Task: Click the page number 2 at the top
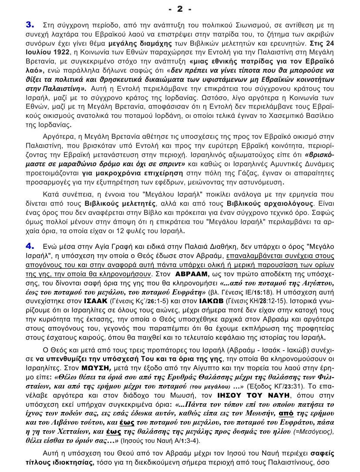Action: tap(179, 9)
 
